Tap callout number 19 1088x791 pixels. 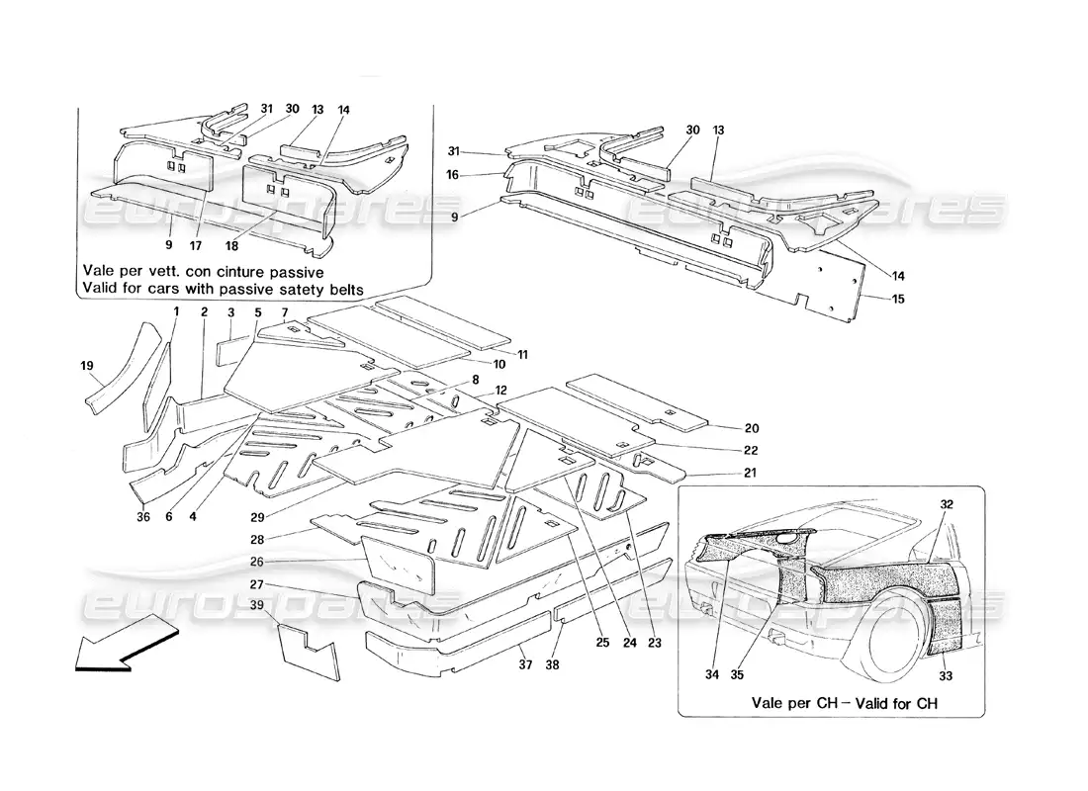(x=86, y=365)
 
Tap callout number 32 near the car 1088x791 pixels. (x=947, y=503)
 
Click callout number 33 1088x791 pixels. (x=946, y=677)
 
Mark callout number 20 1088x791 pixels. (x=752, y=428)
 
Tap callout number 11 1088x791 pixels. (x=522, y=353)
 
